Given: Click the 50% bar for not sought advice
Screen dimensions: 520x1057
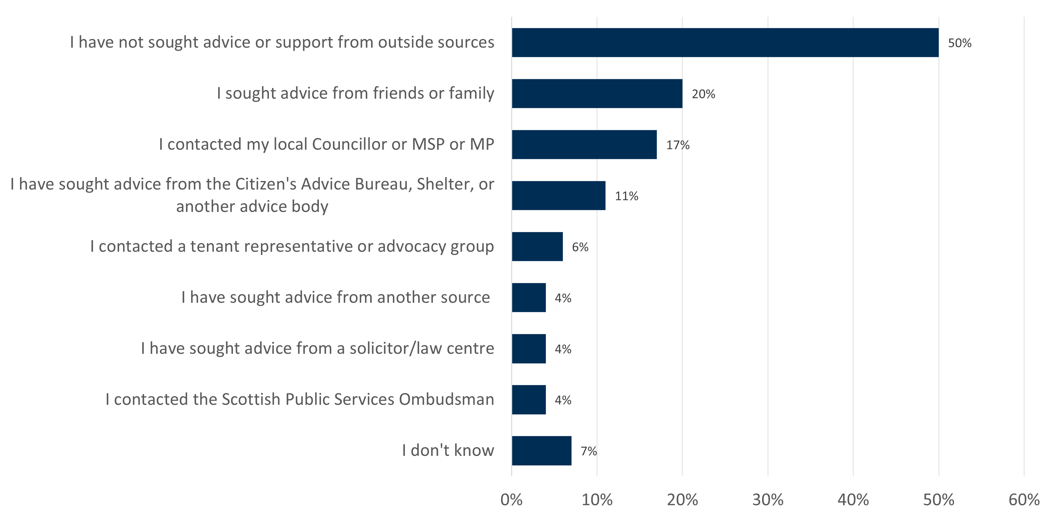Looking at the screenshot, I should click(725, 43).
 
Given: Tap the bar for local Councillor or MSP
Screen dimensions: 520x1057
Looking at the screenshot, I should click(584, 144).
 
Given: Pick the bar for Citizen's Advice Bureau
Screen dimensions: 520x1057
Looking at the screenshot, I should click(558, 195).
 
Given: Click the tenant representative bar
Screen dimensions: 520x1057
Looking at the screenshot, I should click(537, 246).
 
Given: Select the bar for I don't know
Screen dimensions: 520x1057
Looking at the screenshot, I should click(541, 451).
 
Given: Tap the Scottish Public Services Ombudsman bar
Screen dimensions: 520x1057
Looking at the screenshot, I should click(528, 399).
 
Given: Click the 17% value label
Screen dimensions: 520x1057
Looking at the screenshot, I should click(677, 145).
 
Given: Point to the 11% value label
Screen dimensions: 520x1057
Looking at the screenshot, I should click(626, 196).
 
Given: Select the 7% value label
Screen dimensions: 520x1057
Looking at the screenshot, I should click(588, 451).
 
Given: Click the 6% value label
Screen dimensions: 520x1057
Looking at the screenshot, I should click(580, 247).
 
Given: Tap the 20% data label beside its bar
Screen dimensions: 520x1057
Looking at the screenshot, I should click(703, 94).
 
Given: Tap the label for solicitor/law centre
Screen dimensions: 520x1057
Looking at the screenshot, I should click(317, 348).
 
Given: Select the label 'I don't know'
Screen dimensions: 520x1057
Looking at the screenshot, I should click(448, 450).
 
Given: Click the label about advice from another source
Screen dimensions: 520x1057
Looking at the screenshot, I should click(335, 297).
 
